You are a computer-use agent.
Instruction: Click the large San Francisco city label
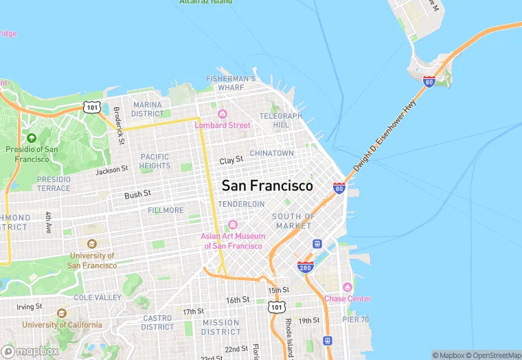(x=267, y=185)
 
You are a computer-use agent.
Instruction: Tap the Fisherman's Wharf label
(x=231, y=83)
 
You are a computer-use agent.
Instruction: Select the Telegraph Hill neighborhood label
(x=281, y=120)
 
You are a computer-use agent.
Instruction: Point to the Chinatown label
(x=271, y=153)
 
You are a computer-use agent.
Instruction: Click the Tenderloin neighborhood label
(x=241, y=204)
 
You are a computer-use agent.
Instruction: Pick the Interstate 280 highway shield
(x=306, y=267)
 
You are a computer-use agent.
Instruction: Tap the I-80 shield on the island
(x=429, y=82)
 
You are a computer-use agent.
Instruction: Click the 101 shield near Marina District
(x=93, y=106)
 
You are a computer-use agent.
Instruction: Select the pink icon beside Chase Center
(x=348, y=287)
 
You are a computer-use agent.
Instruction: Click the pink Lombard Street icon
(x=222, y=114)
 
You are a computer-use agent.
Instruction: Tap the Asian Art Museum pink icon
(x=232, y=225)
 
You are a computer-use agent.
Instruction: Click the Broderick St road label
(x=119, y=116)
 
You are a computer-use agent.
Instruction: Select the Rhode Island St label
(x=289, y=334)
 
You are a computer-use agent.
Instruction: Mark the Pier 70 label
(x=356, y=319)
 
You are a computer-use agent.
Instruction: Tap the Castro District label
(x=158, y=322)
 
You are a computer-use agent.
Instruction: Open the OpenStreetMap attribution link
(x=493, y=355)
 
